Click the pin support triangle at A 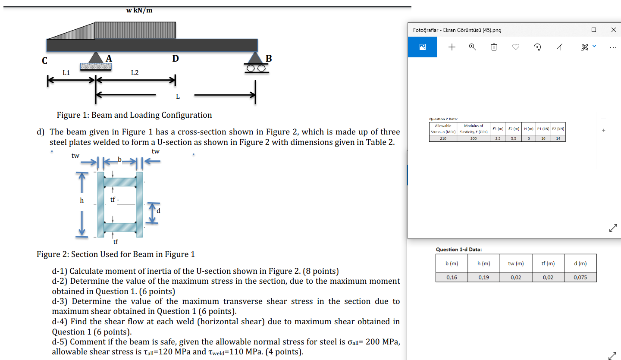click(x=95, y=58)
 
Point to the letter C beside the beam click(x=44, y=61)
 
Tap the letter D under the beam click(x=175, y=58)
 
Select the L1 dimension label click(x=66, y=73)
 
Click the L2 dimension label click(x=135, y=73)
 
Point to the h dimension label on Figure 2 click(x=82, y=200)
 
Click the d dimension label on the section click(x=158, y=211)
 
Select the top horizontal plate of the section click(x=120, y=182)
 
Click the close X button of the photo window click(x=613, y=30)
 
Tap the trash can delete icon click(x=494, y=47)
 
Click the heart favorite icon click(x=516, y=47)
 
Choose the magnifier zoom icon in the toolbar click(x=473, y=47)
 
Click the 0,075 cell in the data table click(x=580, y=277)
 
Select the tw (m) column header click(x=516, y=263)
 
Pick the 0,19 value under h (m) click(x=483, y=277)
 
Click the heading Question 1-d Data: click(x=459, y=249)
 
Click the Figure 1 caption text click(x=134, y=115)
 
